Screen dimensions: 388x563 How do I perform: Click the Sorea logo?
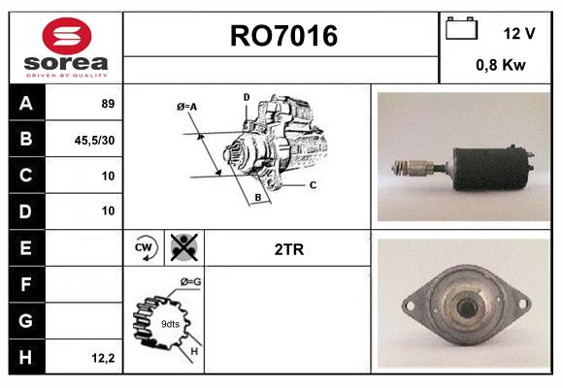click(x=66, y=48)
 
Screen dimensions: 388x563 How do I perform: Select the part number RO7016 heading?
click(x=283, y=37)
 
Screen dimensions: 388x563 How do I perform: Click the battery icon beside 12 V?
click(x=462, y=30)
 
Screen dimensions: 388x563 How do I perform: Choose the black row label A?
click(x=26, y=104)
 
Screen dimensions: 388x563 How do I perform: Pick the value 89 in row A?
click(x=108, y=104)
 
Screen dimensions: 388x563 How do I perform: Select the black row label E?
click(x=26, y=247)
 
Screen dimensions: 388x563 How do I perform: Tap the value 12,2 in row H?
click(x=103, y=357)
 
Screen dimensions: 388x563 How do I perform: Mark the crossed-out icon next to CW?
click(x=182, y=247)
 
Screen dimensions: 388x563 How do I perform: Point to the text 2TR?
click(x=289, y=248)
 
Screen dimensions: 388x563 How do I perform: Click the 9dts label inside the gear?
click(x=170, y=323)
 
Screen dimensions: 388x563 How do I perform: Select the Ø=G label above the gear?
click(x=189, y=281)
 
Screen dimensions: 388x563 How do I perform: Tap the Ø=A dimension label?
click(x=187, y=106)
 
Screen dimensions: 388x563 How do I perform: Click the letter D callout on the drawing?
click(x=247, y=97)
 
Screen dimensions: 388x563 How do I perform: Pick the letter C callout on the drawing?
click(x=313, y=184)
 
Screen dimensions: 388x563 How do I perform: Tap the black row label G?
click(x=26, y=319)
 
